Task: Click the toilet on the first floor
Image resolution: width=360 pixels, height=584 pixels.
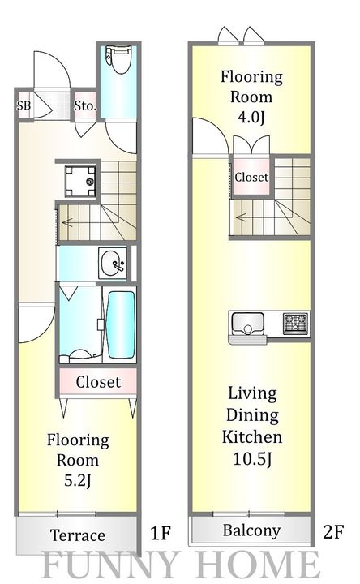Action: pyautogui.click(x=118, y=58)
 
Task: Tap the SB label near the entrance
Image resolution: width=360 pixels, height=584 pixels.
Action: pyautogui.click(x=24, y=105)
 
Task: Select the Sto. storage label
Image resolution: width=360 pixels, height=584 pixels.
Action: pyautogui.click(x=85, y=106)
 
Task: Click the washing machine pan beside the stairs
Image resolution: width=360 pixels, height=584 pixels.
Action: pyautogui.click(x=81, y=182)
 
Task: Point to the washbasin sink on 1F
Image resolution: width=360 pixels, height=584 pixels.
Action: pyautogui.click(x=113, y=264)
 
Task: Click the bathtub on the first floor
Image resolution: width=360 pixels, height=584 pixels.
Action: pyautogui.click(x=120, y=324)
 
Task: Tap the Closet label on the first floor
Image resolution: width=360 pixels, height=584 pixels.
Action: pyautogui.click(x=98, y=382)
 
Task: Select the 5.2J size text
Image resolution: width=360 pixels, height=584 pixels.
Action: pyautogui.click(x=78, y=481)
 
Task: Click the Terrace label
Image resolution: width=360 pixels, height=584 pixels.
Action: pyautogui.click(x=78, y=535)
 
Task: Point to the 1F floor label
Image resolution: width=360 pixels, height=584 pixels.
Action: pyautogui.click(x=160, y=533)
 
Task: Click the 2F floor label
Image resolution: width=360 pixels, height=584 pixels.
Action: pyautogui.click(x=333, y=531)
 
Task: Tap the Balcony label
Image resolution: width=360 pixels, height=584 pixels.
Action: pyautogui.click(x=251, y=530)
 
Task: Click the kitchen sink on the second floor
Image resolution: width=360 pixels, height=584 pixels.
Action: pyautogui.click(x=247, y=324)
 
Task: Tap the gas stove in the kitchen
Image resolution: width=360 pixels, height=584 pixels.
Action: pyautogui.click(x=296, y=324)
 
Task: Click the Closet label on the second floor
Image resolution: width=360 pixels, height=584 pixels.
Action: pyautogui.click(x=251, y=177)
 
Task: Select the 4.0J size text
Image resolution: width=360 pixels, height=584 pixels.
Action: pyautogui.click(x=251, y=118)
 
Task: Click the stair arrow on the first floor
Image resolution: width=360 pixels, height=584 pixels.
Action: pyautogui.click(x=74, y=223)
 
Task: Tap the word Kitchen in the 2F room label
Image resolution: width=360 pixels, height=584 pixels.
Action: pyautogui.click(x=252, y=437)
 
